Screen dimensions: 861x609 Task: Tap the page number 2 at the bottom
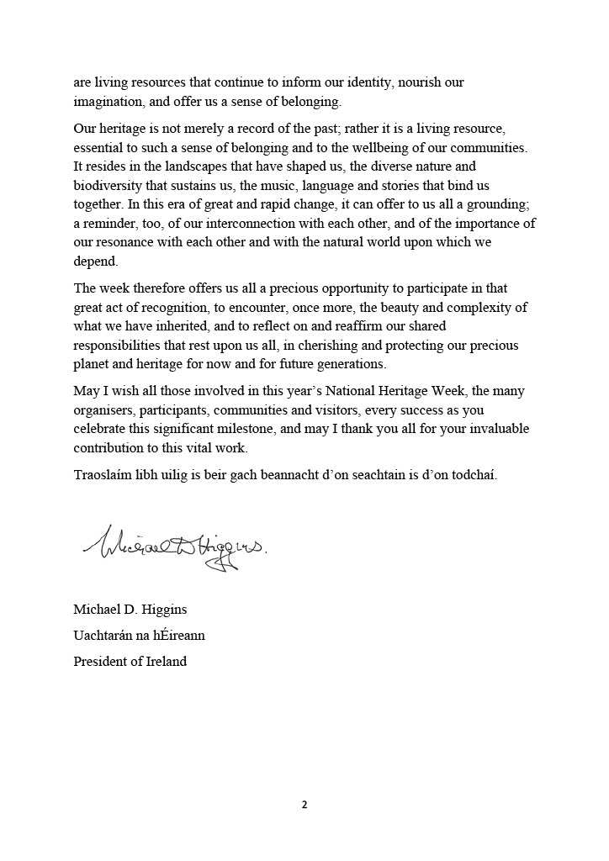(x=304, y=805)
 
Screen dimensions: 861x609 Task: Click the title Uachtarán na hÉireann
(x=140, y=635)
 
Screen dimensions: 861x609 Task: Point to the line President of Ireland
(x=130, y=661)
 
